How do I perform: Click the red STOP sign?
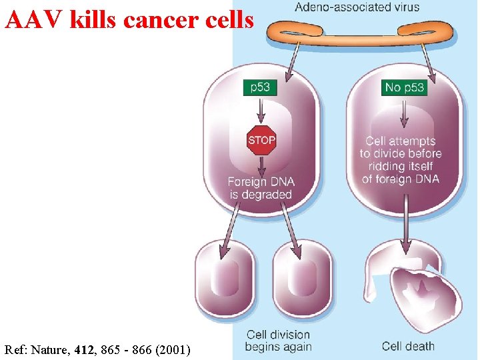(x=261, y=141)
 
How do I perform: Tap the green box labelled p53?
(x=260, y=87)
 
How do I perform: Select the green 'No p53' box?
(x=405, y=87)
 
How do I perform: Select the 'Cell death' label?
(x=408, y=346)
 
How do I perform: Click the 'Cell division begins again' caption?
(x=278, y=341)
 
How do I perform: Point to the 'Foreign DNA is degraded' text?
(x=261, y=188)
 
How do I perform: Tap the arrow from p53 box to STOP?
(x=260, y=110)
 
